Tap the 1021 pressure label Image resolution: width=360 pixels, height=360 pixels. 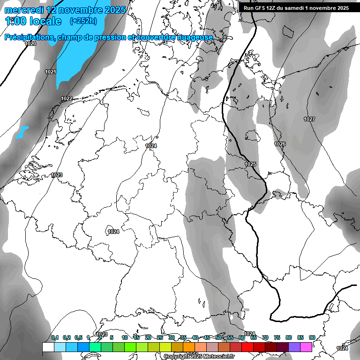click(x=51, y=72)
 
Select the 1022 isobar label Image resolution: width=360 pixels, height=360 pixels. click(x=67, y=98)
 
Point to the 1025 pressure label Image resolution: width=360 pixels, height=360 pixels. click(x=250, y=164)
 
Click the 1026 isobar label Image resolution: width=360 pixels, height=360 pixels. click(x=280, y=144)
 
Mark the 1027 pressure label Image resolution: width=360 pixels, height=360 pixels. click(x=309, y=119)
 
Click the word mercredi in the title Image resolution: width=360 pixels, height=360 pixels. click(x=25, y=10)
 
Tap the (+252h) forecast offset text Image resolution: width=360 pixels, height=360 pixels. click(x=83, y=21)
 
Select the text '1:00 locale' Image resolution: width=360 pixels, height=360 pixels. click(x=33, y=21)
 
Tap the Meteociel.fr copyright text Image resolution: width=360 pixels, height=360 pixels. click(x=199, y=357)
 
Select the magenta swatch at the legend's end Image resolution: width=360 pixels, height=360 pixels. click(x=306, y=347)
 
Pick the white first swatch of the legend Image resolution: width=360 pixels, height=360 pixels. click(x=48, y=347)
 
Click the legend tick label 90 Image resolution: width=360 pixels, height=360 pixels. click(x=312, y=337)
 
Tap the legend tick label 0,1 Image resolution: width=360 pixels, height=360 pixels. click(x=55, y=337)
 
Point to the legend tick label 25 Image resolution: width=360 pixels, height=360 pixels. click(x=160, y=337)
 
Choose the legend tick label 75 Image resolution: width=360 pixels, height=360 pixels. click(x=277, y=337)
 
